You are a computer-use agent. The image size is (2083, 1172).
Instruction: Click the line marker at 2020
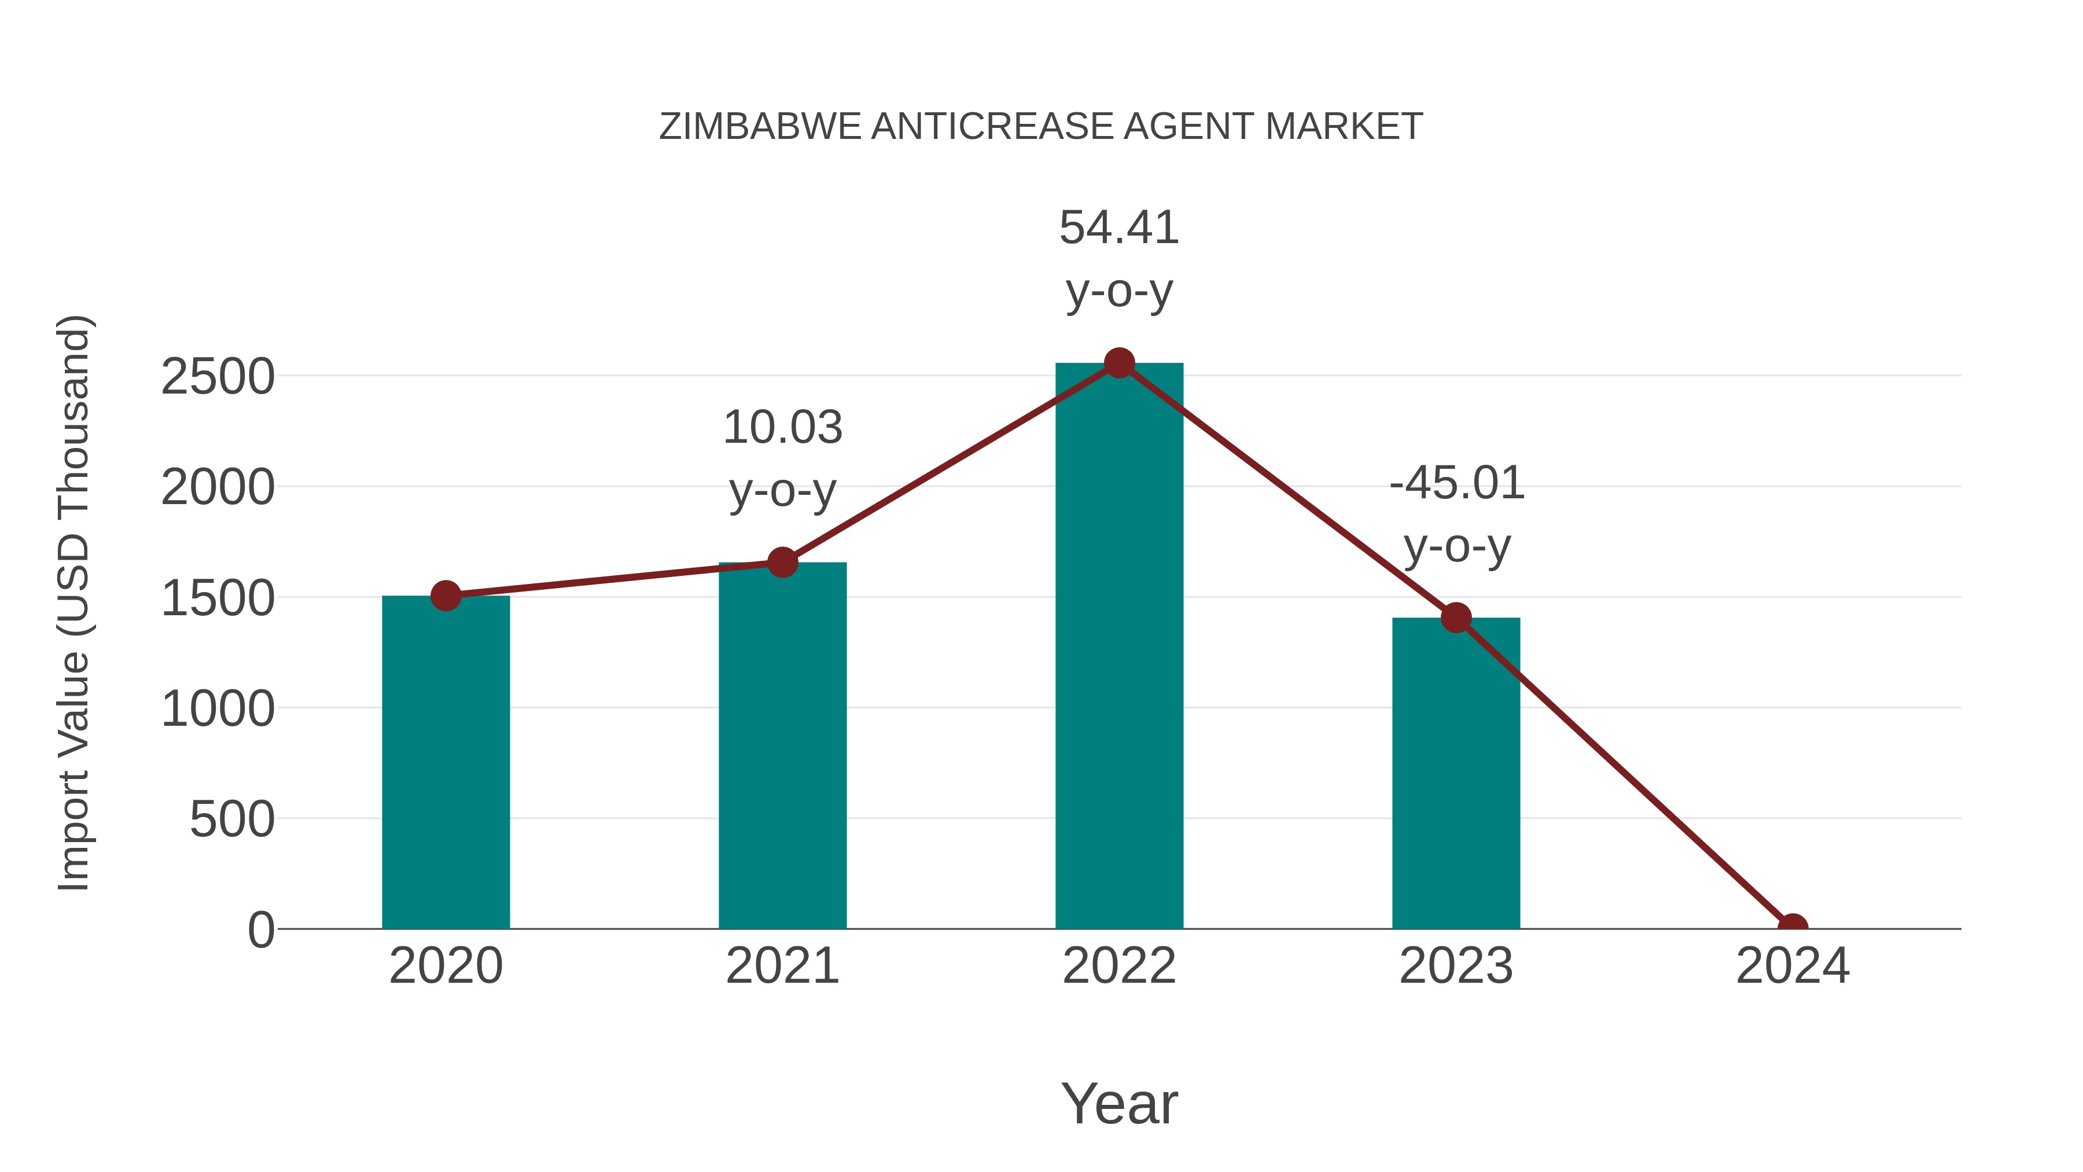[x=446, y=596]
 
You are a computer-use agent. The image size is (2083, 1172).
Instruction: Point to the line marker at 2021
[x=782, y=562]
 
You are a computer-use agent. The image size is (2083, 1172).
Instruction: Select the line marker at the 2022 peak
[x=1119, y=363]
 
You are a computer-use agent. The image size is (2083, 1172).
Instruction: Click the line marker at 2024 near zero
[x=1793, y=927]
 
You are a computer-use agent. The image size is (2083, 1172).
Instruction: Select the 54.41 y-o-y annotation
[x=1119, y=258]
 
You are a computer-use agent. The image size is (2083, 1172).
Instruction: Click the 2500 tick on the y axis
[x=218, y=376]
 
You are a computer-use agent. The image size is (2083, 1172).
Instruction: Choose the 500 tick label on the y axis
[x=232, y=820]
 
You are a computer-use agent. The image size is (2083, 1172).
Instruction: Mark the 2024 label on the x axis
[x=1793, y=966]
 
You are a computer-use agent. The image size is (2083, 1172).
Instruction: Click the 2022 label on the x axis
[x=1119, y=966]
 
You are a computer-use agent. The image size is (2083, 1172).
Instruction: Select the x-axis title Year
[x=1119, y=1103]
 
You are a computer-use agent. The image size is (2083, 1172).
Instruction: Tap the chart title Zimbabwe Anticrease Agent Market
[x=1041, y=127]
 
